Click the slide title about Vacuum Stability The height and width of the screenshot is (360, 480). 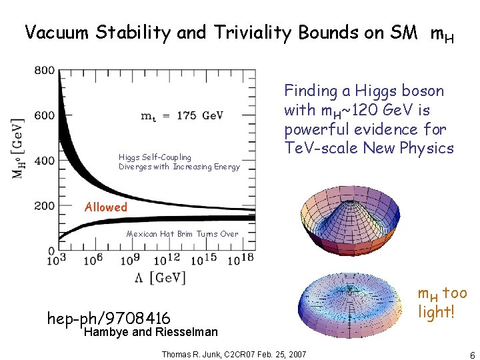click(239, 33)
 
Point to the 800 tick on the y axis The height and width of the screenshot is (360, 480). click(45, 71)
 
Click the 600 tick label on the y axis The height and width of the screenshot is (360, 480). click(45, 115)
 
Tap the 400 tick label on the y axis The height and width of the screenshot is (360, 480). click(45, 161)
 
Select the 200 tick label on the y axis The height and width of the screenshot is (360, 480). click(45, 206)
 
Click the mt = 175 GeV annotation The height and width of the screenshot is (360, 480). click(182, 115)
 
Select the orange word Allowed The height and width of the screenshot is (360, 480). click(105, 207)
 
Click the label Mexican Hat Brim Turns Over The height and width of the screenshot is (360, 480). click(182, 234)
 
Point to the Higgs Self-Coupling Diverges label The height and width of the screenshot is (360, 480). click(179, 162)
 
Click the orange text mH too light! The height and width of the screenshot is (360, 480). click(441, 302)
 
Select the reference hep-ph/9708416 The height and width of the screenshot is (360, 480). click(109, 319)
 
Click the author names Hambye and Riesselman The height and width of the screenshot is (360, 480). click(151, 332)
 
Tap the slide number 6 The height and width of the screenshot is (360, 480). click(472, 355)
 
